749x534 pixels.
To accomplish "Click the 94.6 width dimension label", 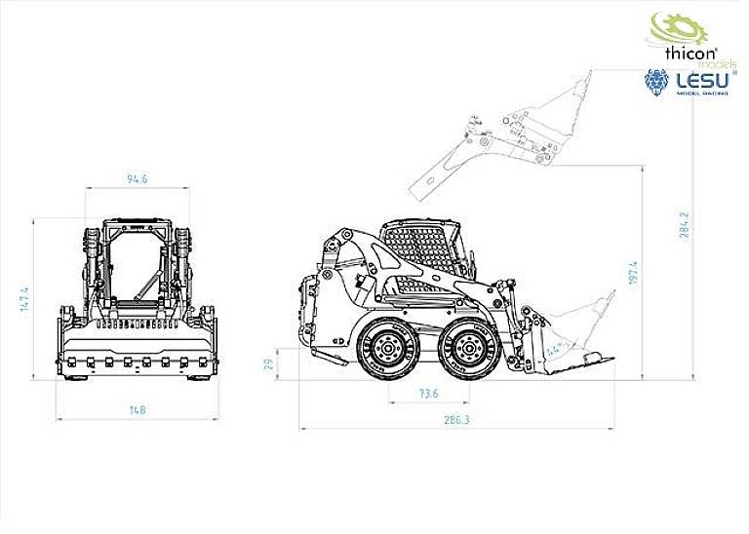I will [x=137, y=179].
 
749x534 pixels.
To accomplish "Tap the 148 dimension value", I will [x=137, y=410].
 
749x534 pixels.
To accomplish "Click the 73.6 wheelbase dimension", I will [x=428, y=393].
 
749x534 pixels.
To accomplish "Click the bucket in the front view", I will [x=137, y=356].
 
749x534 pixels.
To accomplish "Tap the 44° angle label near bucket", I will [x=555, y=347].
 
